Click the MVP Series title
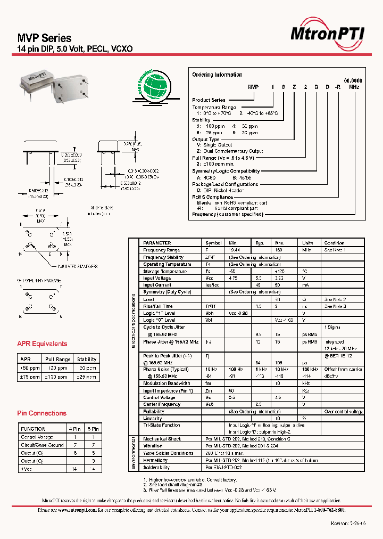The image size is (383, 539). point(45,38)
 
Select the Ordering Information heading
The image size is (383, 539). point(217,75)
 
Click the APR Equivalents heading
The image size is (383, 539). point(42,344)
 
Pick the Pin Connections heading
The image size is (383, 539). point(41,413)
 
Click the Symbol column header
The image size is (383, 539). point(213,243)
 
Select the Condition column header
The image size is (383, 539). point(334,243)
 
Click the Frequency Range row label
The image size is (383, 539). point(162,250)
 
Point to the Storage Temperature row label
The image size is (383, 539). point(165,271)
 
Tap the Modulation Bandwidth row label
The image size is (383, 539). point(166,383)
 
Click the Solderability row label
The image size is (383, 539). point(156,468)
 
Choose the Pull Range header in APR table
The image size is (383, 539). point(58,360)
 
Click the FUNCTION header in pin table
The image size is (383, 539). point(33,429)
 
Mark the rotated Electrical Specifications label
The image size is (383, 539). point(134,322)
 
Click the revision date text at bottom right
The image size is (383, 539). point(349,524)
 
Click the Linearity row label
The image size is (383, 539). point(154,419)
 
